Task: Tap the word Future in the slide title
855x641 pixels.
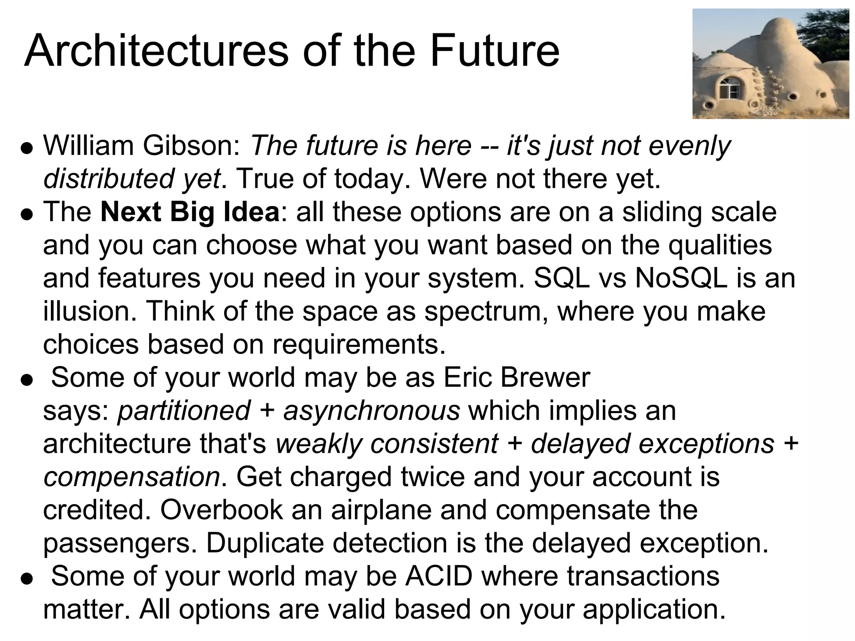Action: pos(494,51)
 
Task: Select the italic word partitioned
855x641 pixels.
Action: pos(184,411)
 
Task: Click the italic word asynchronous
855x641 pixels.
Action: pos(372,411)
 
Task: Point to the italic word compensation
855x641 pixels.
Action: pos(132,477)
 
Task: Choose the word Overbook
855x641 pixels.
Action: pos(221,510)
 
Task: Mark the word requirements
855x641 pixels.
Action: pos(359,345)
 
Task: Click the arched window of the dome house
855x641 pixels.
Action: pos(730,88)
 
